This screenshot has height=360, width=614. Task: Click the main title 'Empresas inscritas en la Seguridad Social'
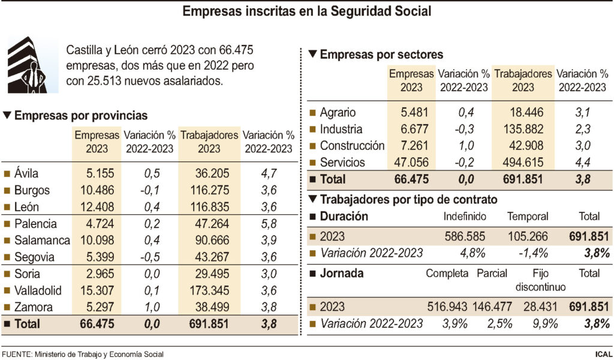[x=306, y=11]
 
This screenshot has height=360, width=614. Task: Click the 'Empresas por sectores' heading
[x=381, y=55]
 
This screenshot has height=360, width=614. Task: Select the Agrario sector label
[x=338, y=112]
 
